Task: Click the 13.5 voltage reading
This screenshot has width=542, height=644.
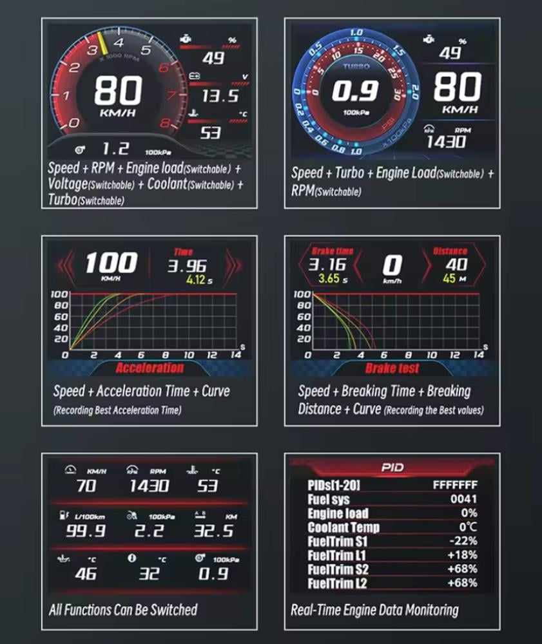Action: pyautogui.click(x=220, y=97)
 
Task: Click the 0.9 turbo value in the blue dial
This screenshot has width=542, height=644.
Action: pyautogui.click(x=354, y=91)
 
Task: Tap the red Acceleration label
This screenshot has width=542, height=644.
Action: pyautogui.click(x=150, y=368)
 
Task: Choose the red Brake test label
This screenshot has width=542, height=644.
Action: pyautogui.click(x=392, y=368)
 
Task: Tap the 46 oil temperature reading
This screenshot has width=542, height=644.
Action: pyautogui.click(x=86, y=573)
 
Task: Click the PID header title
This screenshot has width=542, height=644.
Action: pyautogui.click(x=392, y=467)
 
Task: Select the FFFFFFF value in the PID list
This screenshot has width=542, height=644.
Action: pyautogui.click(x=455, y=485)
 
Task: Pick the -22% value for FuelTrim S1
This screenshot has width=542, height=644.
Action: pyautogui.click(x=464, y=541)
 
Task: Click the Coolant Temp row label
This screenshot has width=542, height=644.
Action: pyautogui.click(x=344, y=527)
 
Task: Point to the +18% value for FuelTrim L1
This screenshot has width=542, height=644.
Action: pyautogui.click(x=464, y=555)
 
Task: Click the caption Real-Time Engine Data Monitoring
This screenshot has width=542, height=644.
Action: pyautogui.click(x=374, y=609)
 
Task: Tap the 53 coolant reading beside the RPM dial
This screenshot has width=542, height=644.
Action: pyautogui.click(x=210, y=133)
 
